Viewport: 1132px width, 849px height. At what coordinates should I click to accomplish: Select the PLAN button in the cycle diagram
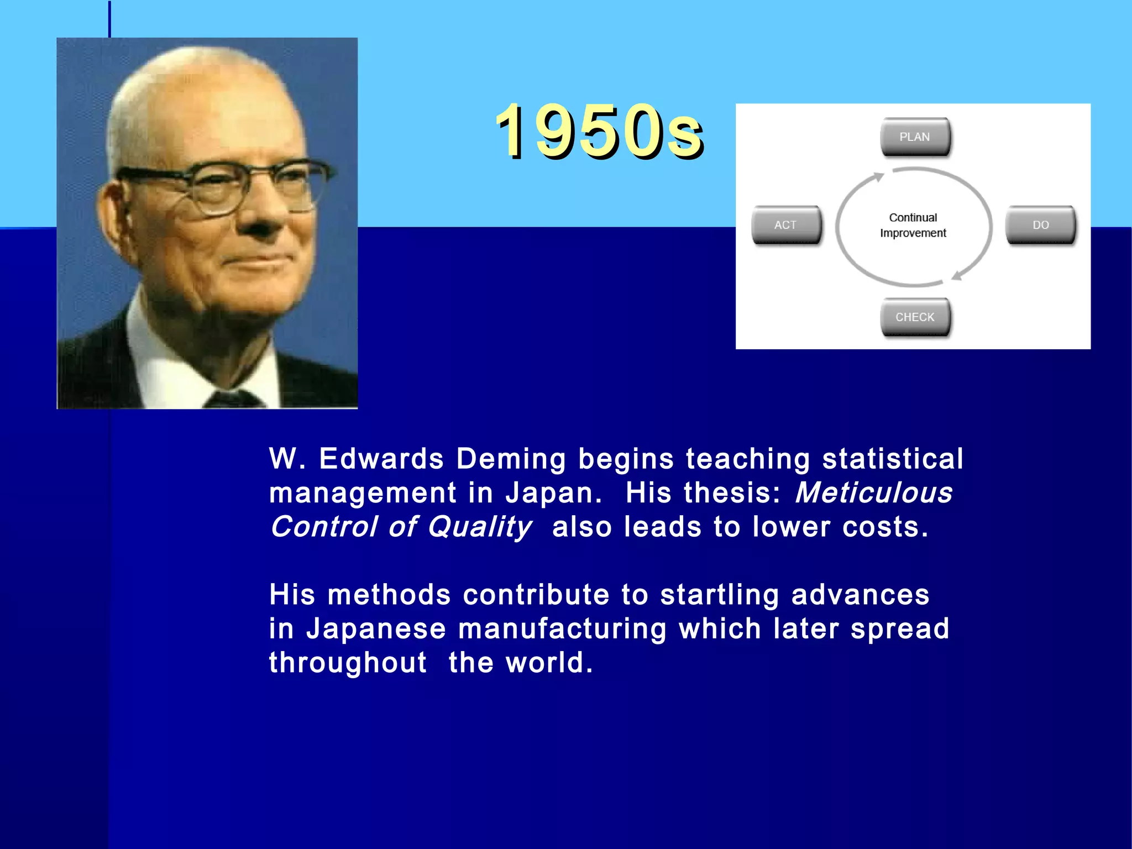[915, 137]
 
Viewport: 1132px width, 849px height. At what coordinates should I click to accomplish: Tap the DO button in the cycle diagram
[1040, 225]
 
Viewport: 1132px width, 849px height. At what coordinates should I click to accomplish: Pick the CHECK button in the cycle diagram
[915, 317]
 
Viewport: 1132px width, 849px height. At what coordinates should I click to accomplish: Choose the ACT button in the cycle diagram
[785, 225]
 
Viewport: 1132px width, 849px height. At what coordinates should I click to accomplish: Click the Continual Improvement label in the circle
[913, 226]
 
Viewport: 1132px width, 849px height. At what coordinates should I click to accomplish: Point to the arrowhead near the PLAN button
[878, 177]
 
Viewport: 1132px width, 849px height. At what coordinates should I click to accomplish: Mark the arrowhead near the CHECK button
[957, 275]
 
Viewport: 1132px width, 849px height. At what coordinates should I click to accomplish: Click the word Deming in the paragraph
[511, 459]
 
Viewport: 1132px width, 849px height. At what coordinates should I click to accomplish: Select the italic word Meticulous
[873, 492]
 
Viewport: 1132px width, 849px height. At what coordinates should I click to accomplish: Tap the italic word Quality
[479, 527]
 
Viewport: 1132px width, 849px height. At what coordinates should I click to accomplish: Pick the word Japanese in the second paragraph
[376, 629]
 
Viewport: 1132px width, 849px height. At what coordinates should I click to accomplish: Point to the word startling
[719, 595]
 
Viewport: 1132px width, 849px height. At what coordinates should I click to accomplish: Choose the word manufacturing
[562, 629]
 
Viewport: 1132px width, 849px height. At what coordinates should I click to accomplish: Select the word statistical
[892, 459]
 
